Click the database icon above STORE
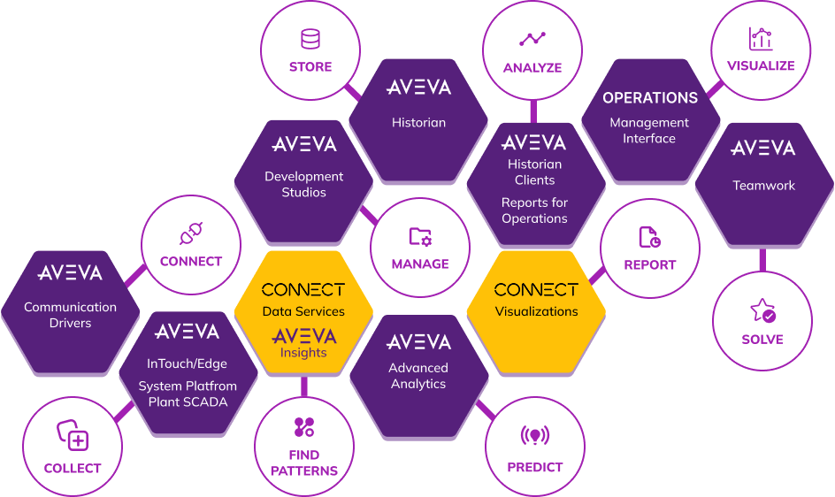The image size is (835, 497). tap(310, 39)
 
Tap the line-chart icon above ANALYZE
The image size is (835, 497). tap(532, 39)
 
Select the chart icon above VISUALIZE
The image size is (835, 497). tap(761, 38)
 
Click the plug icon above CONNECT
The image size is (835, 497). tap(191, 233)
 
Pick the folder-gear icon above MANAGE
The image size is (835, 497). tap(420, 237)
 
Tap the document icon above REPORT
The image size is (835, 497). tap(649, 238)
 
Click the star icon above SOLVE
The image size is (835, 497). tap(762, 310)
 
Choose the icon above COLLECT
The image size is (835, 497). tap(73, 435)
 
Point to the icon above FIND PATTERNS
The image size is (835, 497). tap(304, 428)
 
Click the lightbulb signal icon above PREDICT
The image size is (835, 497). tap(534, 435)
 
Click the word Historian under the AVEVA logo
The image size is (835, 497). tap(418, 123)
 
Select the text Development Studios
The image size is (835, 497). tap(303, 185)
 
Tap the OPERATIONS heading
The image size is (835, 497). tap(650, 98)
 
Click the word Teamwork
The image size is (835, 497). tap(763, 186)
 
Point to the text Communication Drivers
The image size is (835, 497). tap(70, 315)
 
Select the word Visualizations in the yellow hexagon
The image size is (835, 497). tap(536, 311)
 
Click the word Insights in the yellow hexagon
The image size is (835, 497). tap(303, 353)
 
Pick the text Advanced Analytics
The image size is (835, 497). tap(418, 376)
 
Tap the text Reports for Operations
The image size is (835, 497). tap(534, 210)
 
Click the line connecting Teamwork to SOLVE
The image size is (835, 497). tap(762, 260)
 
